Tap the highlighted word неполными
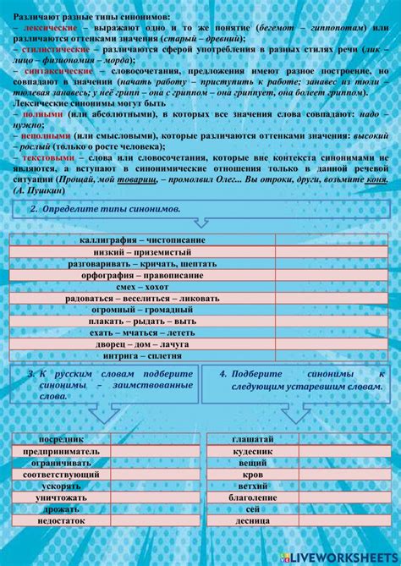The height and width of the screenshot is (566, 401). pyautogui.click(x=43, y=135)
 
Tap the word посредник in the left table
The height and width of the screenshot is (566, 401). pyautogui.click(x=62, y=440)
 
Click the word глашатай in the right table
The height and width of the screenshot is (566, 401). pyautogui.click(x=252, y=440)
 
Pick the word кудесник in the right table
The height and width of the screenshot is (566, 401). pyautogui.click(x=252, y=452)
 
